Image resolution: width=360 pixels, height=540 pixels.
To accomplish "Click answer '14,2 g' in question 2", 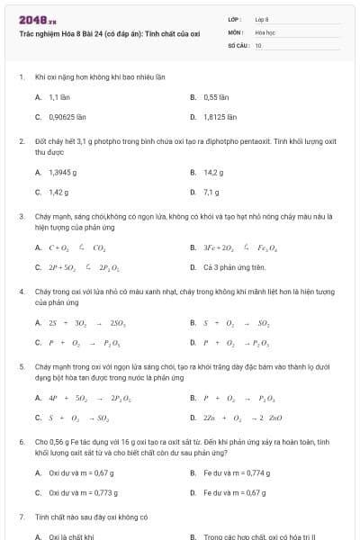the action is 213,172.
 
